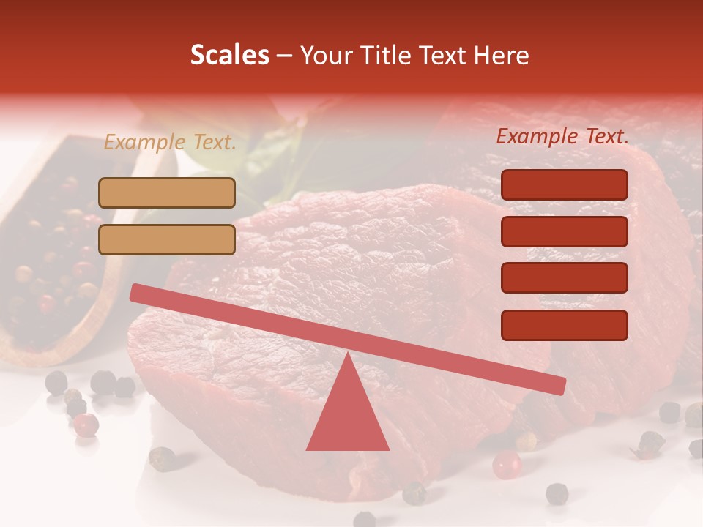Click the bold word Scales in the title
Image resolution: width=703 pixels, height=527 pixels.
click(229, 56)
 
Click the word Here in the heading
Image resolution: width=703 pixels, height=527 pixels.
click(501, 56)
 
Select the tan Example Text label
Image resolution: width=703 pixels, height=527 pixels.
click(170, 143)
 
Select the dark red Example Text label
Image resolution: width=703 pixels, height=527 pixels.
click(562, 136)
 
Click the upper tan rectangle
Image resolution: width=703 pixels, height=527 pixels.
click(167, 193)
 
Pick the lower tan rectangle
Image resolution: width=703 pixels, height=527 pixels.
click(167, 239)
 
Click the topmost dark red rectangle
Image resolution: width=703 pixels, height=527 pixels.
click(564, 184)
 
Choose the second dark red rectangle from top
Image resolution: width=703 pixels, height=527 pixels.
click(564, 231)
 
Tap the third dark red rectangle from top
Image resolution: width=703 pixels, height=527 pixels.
click(564, 278)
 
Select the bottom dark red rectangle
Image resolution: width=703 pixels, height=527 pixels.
click(564, 325)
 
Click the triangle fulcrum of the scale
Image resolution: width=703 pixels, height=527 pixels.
click(347, 414)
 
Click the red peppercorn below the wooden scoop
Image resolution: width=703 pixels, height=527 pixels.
click(86, 425)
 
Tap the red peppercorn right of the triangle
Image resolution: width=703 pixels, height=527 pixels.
click(506, 465)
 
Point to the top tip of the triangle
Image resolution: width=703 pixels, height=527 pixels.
click(347, 354)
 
